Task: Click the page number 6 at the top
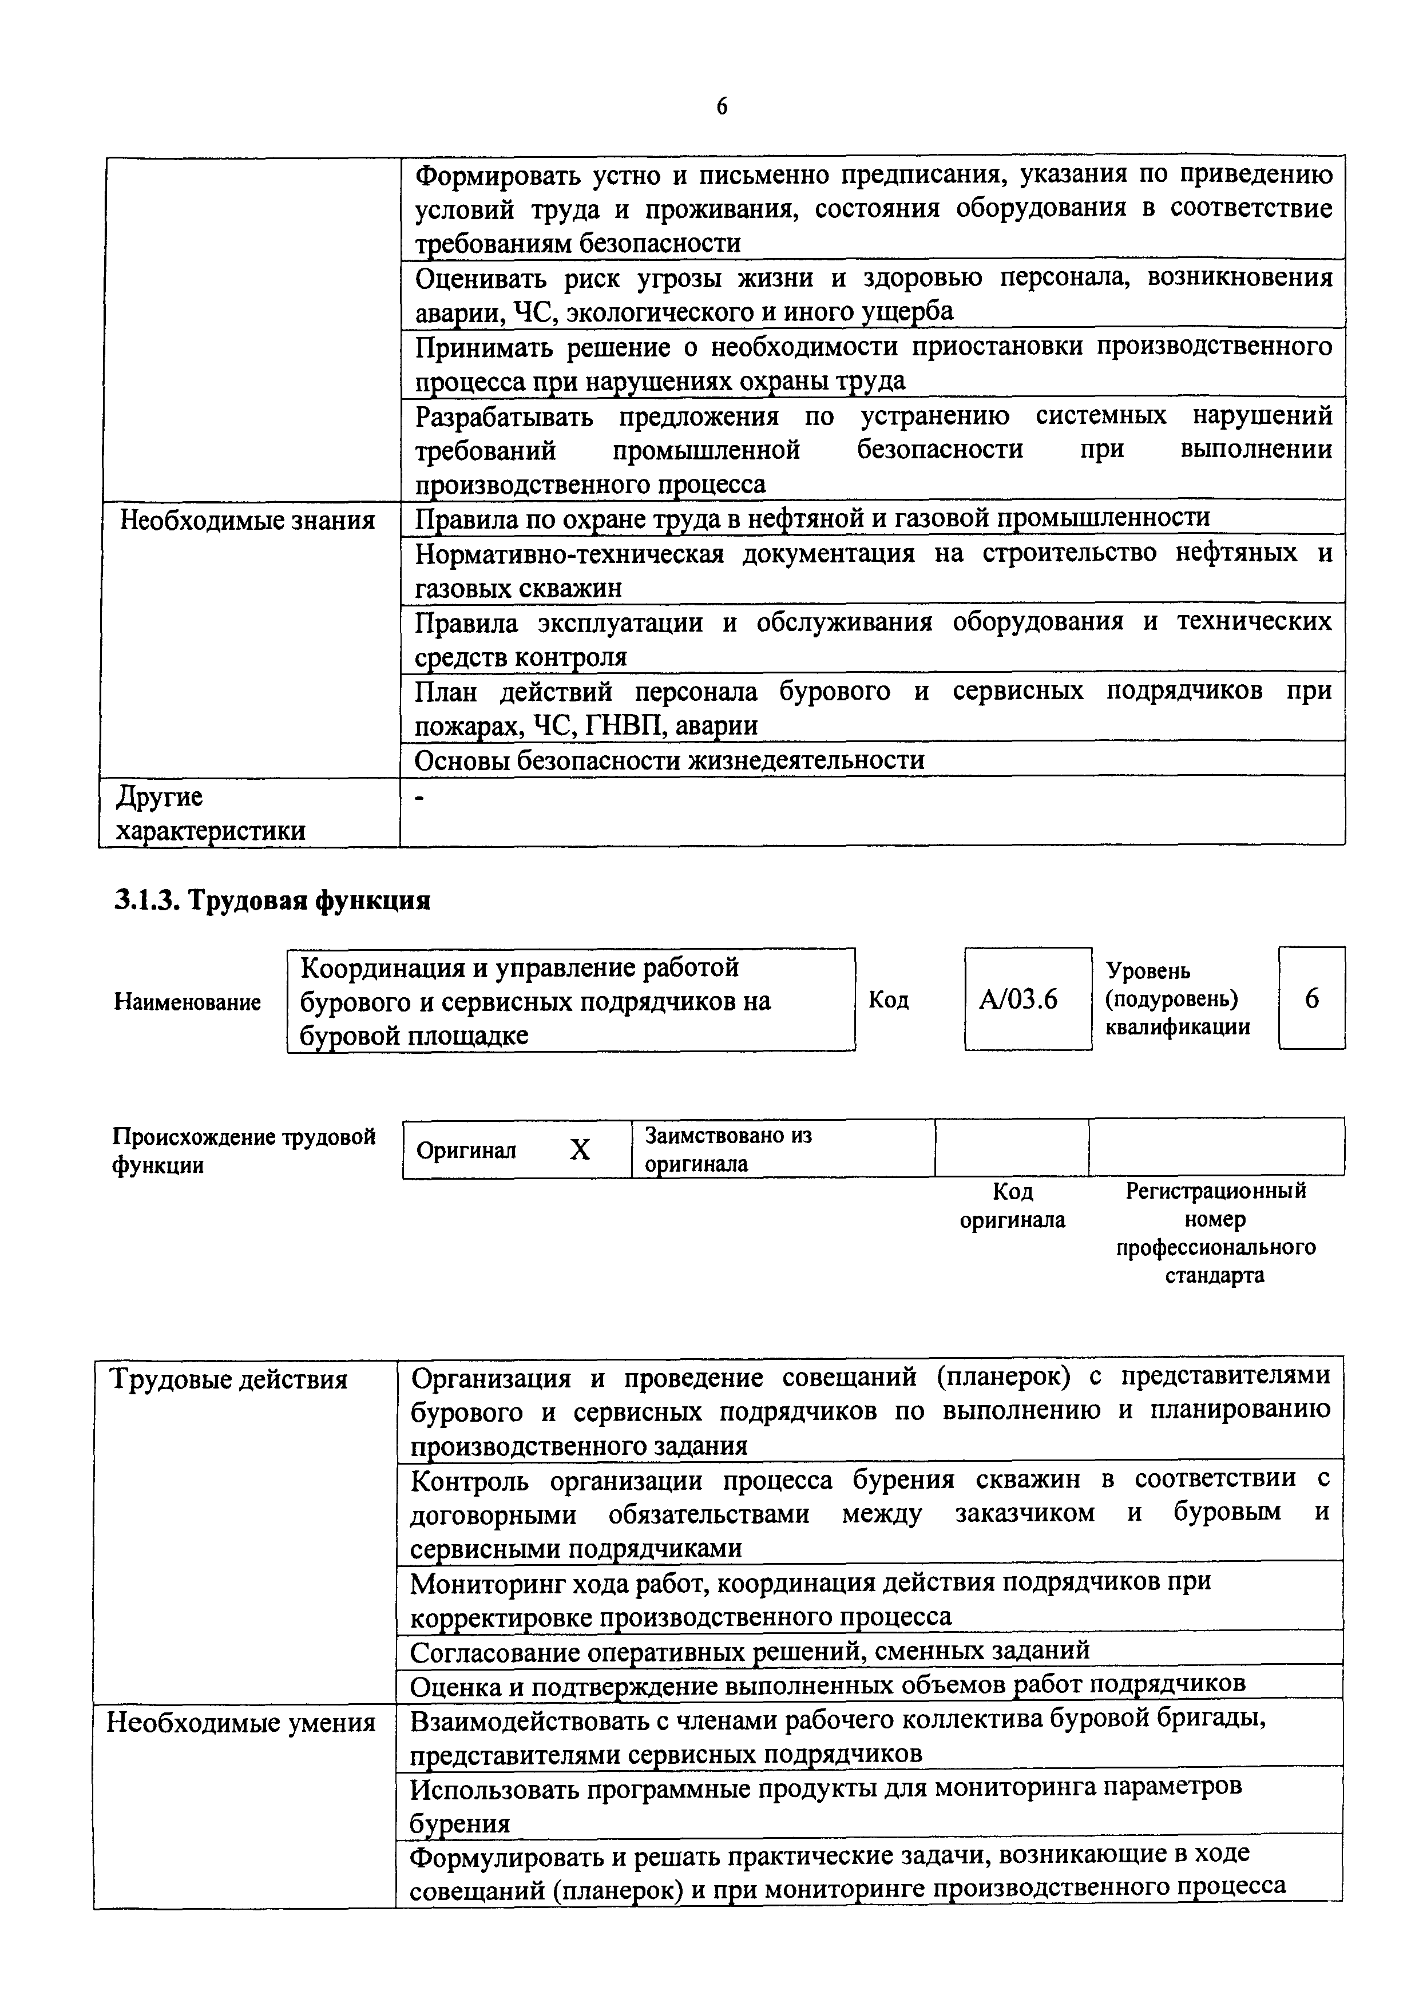(x=722, y=106)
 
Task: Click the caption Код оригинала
(x=1012, y=1205)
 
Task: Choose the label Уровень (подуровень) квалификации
(x=1178, y=999)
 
